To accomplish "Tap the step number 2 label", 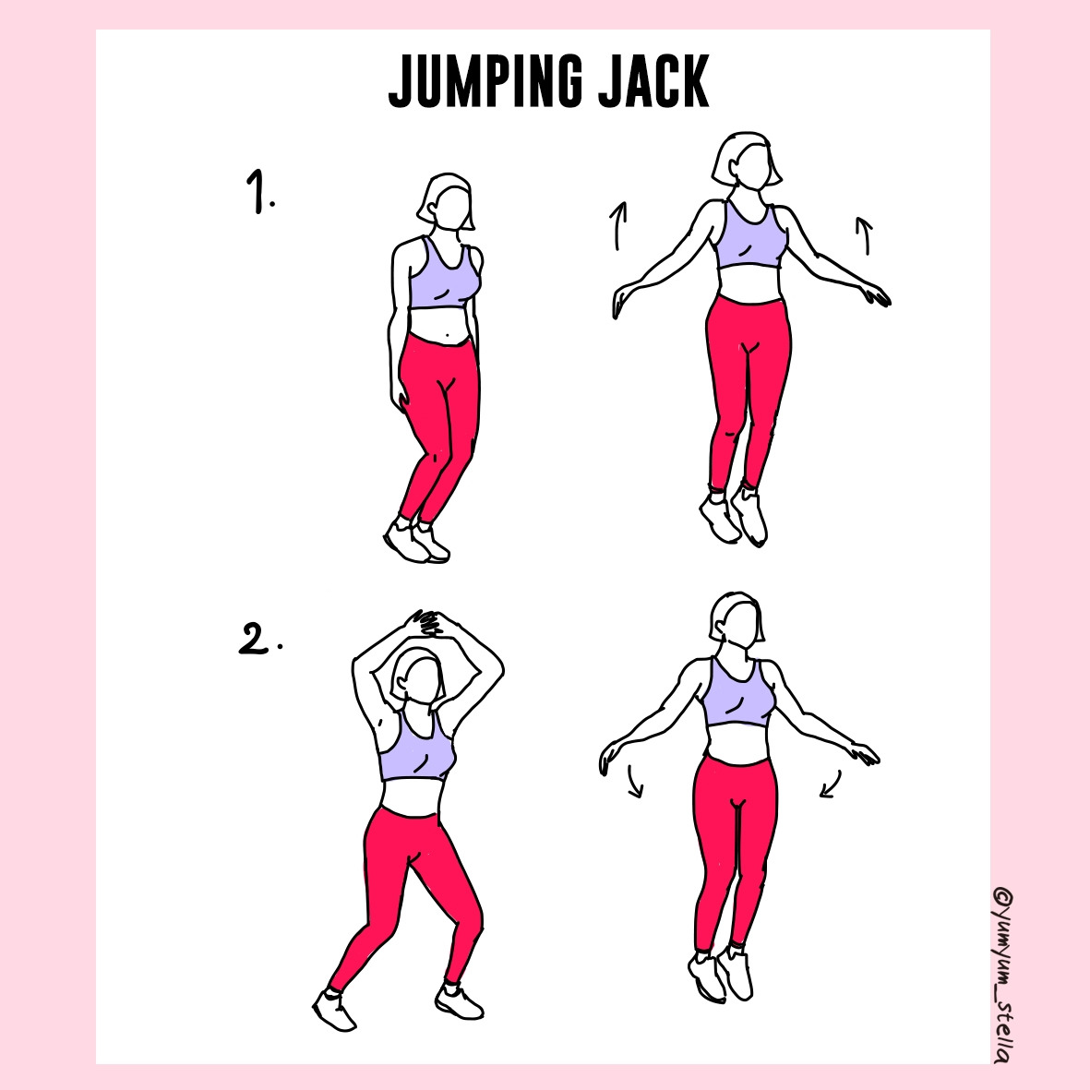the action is click(x=260, y=638).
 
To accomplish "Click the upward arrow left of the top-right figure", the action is click(x=618, y=225).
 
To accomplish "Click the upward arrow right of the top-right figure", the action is click(x=864, y=235).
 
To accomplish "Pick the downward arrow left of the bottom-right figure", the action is click(x=635, y=782).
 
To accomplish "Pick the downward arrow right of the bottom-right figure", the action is click(x=831, y=785).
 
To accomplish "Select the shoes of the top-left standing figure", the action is click(x=416, y=539).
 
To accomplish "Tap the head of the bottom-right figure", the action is click(x=737, y=618).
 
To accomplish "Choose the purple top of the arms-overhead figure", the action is click(x=415, y=748).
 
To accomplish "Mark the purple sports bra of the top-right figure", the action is click(x=751, y=235).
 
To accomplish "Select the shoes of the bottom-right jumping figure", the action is click(x=721, y=974).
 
